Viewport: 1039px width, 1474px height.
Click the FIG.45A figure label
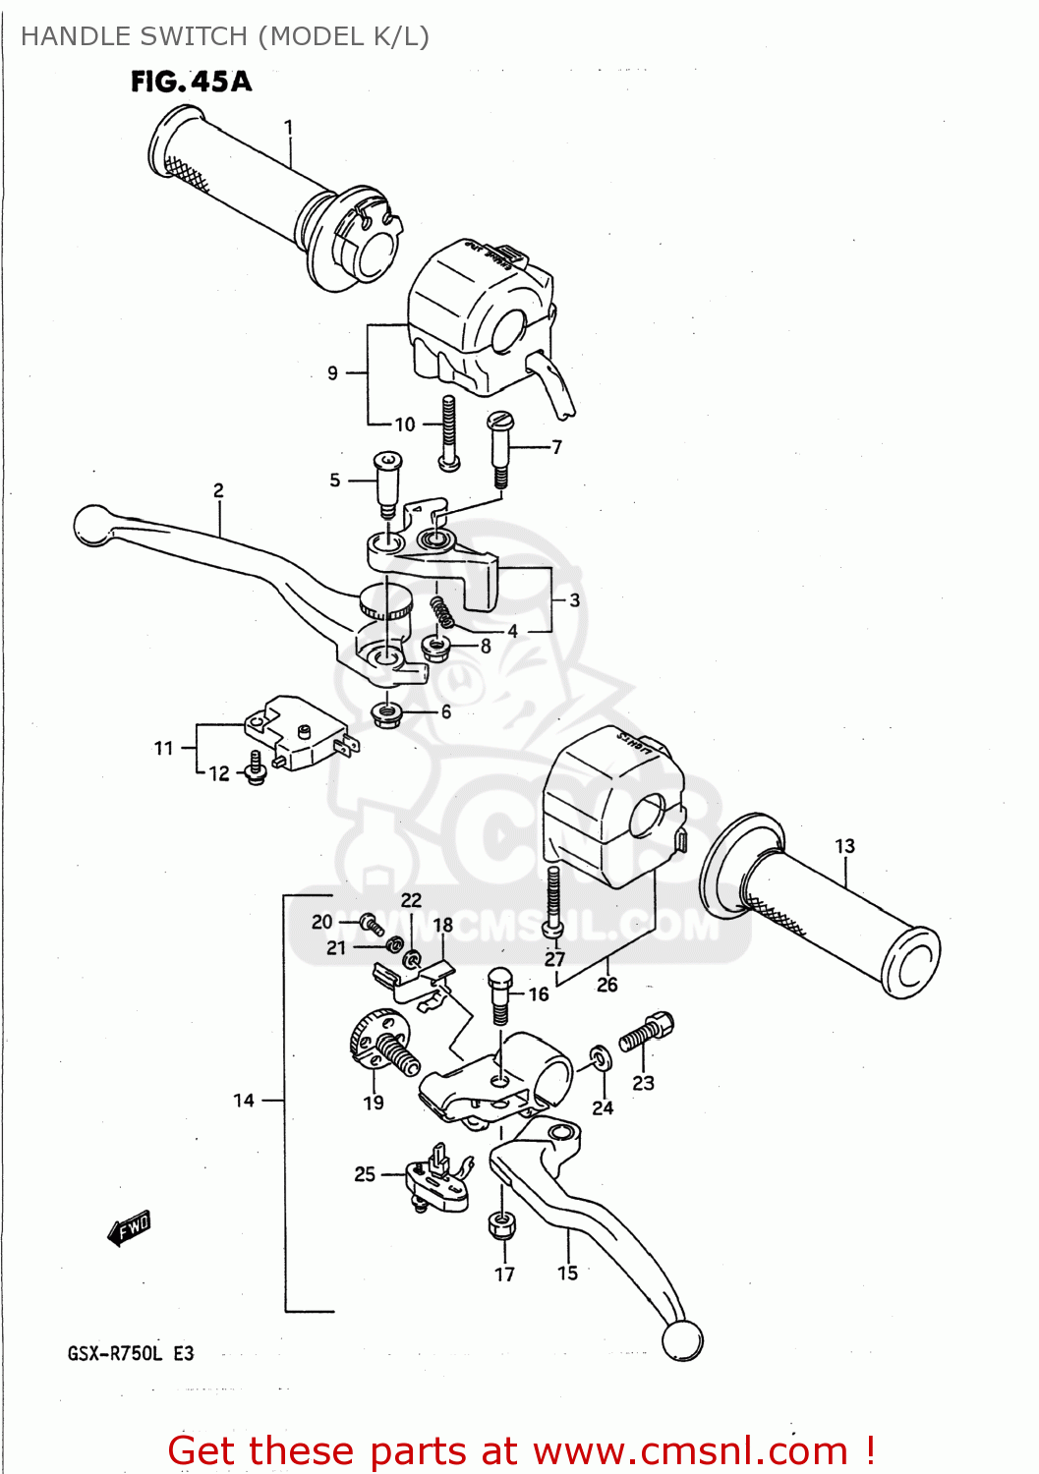(192, 82)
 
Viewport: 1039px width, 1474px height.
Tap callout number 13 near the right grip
(844, 846)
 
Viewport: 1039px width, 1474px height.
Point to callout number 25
(365, 1173)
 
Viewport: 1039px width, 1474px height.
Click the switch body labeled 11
(295, 732)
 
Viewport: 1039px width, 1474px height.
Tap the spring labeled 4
(442, 612)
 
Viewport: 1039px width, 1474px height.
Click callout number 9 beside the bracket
(332, 373)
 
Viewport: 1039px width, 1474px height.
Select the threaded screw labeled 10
(449, 432)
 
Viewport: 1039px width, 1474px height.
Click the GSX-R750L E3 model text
(131, 1353)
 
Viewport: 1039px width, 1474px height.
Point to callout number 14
(244, 1101)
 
